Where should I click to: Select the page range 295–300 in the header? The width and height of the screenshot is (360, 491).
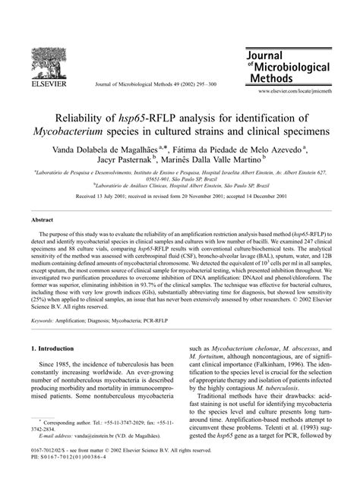click(205, 83)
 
